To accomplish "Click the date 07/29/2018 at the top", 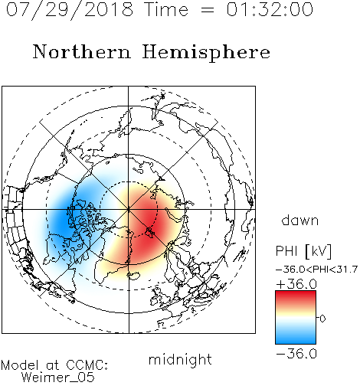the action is (70, 10).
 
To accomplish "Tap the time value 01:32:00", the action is (270, 9).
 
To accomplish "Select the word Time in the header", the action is (166, 9).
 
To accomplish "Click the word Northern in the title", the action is (82, 51).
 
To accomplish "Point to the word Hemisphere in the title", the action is (206, 53).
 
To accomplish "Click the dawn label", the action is (300, 220).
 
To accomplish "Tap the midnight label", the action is (180, 359).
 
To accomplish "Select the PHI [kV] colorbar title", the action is (303, 251).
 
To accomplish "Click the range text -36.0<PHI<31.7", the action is (316, 270).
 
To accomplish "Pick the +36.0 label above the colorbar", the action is (296, 284).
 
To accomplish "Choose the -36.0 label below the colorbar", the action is (296, 354).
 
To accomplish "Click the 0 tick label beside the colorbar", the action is (322, 319).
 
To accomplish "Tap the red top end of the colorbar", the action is (296, 293).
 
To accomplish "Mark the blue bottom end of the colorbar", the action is (296, 342).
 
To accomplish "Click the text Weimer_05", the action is (58, 378).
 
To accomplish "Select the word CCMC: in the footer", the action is (87, 365).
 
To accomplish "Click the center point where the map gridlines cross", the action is (129, 209).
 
